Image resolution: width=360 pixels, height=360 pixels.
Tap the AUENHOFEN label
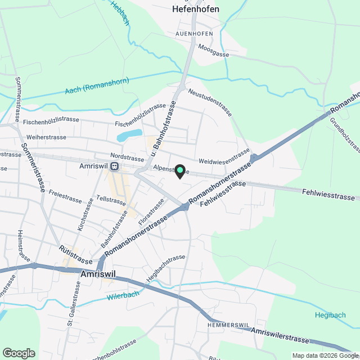point(193,33)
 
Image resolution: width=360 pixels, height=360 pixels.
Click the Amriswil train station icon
point(114,166)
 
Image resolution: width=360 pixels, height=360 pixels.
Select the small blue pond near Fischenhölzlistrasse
point(129,136)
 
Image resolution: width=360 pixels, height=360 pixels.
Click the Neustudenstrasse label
point(210,102)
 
